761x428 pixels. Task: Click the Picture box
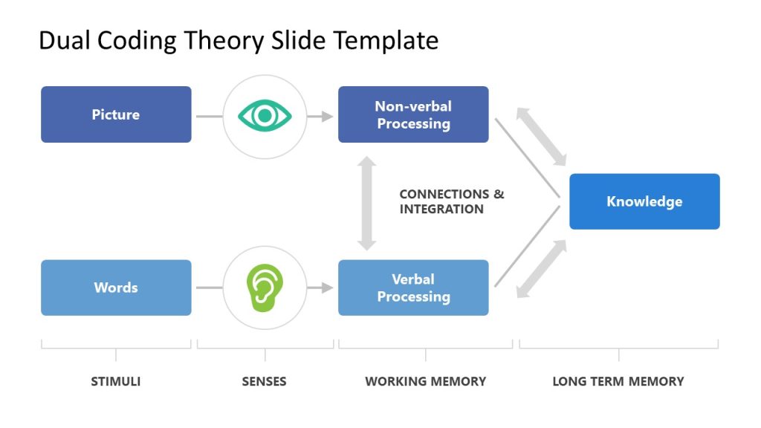[x=116, y=114]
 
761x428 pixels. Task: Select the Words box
[x=116, y=288]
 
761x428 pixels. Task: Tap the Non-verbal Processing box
[x=413, y=114]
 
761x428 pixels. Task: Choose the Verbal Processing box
[x=413, y=288]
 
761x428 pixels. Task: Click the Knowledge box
[x=644, y=201]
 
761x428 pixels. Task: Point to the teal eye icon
[x=265, y=115]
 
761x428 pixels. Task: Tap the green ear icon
[x=265, y=288]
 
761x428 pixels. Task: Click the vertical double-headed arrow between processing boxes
[x=366, y=202]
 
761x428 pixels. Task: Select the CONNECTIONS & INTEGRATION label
[x=451, y=201]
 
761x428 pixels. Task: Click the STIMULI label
[x=116, y=381]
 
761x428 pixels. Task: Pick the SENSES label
[x=264, y=381]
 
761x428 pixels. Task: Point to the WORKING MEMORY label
[x=425, y=381]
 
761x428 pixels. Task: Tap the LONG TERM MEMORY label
[x=618, y=381]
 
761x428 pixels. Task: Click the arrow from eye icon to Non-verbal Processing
[x=321, y=116]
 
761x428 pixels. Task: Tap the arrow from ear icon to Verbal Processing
[x=321, y=288]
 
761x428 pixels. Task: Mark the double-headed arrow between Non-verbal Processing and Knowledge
[x=542, y=136]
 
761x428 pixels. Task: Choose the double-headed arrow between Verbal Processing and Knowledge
[x=542, y=269]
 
